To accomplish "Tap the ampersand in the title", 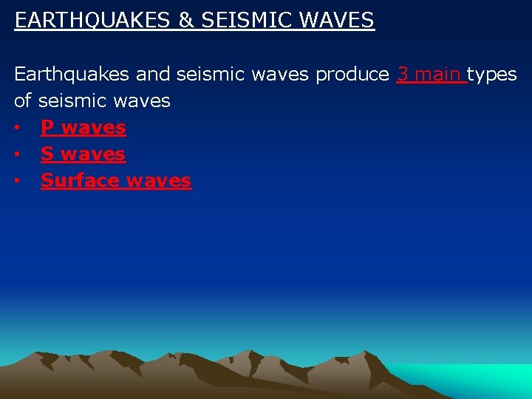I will [x=185, y=21].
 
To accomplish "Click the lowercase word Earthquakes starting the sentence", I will [x=72, y=75].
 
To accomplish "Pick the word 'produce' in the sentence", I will [x=353, y=75].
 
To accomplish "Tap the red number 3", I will [x=403, y=75].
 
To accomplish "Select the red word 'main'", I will [x=439, y=75].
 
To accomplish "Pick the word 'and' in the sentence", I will [x=153, y=75].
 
